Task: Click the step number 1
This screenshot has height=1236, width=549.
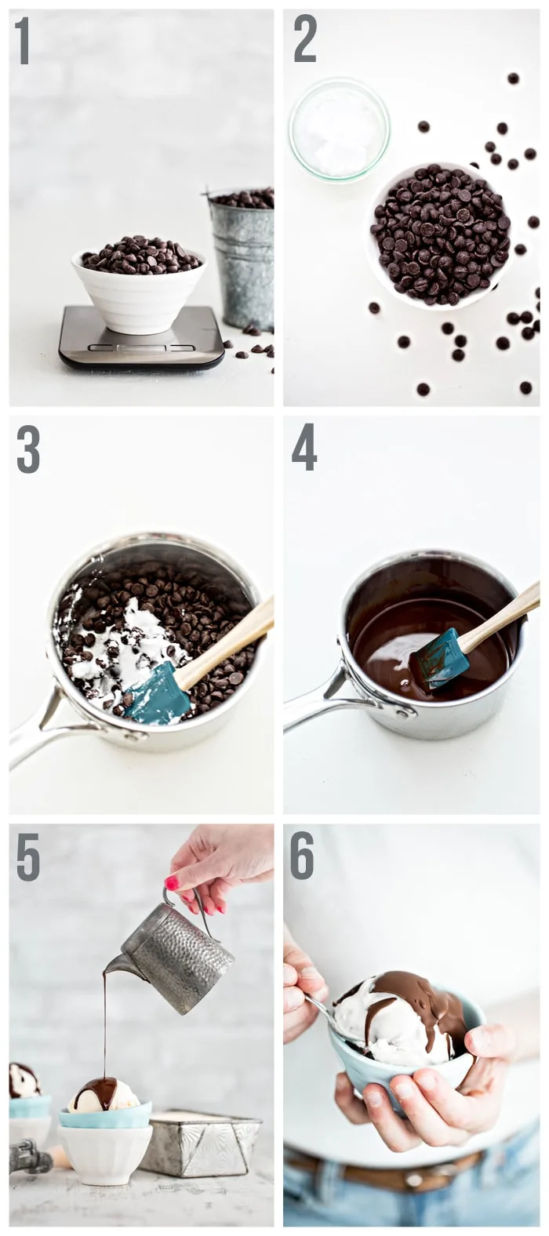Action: point(22,41)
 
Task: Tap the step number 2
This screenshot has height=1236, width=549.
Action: point(305,39)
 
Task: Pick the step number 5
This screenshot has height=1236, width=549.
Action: point(27,857)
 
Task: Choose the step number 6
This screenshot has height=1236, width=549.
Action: point(303,856)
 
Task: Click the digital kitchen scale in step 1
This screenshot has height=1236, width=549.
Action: point(141,342)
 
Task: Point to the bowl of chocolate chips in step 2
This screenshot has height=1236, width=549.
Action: point(439,235)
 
